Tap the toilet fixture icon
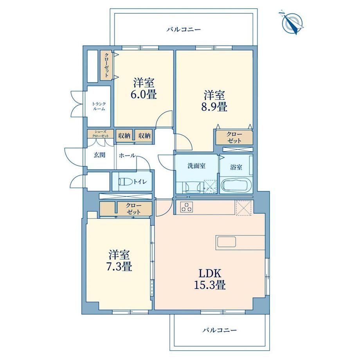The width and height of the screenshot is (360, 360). (126, 182)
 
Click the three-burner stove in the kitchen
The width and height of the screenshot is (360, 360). (186, 207)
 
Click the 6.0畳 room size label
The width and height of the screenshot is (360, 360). (144, 94)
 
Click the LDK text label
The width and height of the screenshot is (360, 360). (210, 274)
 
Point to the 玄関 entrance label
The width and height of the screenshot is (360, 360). (99, 155)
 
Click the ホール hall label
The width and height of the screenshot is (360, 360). (127, 155)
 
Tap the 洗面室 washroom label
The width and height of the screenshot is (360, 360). (196, 166)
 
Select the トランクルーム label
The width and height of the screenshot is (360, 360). (99, 106)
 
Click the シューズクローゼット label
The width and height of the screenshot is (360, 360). (100, 133)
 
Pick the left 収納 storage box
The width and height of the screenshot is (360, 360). (124, 136)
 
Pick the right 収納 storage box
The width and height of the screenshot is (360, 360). (144, 136)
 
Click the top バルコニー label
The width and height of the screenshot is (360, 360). (184, 29)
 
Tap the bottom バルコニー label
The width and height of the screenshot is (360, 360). (219, 330)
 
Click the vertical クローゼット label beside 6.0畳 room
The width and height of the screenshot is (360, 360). (107, 65)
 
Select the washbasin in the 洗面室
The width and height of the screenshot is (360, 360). (190, 187)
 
